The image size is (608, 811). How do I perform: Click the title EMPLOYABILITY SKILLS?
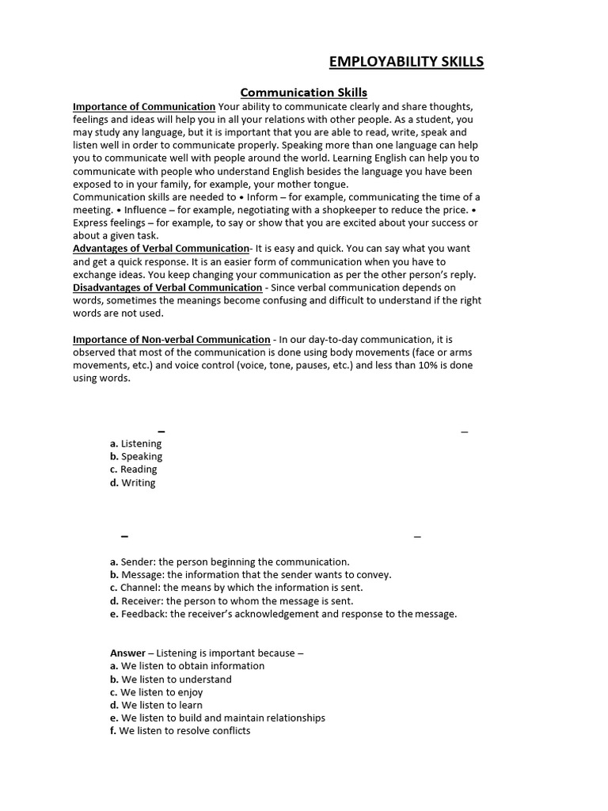(406, 62)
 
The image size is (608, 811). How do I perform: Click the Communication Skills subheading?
(303, 93)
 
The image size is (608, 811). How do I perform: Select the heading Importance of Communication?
(144, 107)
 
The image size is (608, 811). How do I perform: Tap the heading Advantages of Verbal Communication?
(161, 249)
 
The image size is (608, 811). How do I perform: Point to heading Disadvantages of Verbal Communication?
(167, 287)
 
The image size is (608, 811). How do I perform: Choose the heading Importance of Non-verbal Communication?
(171, 340)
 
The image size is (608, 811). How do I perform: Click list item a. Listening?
(136, 444)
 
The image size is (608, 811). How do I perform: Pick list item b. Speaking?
(136, 457)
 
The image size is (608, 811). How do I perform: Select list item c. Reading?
(134, 470)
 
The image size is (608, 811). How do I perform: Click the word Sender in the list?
(138, 562)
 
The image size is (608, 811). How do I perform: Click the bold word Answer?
(127, 653)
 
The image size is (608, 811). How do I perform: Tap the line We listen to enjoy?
(157, 692)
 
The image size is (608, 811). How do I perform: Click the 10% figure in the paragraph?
(425, 366)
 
